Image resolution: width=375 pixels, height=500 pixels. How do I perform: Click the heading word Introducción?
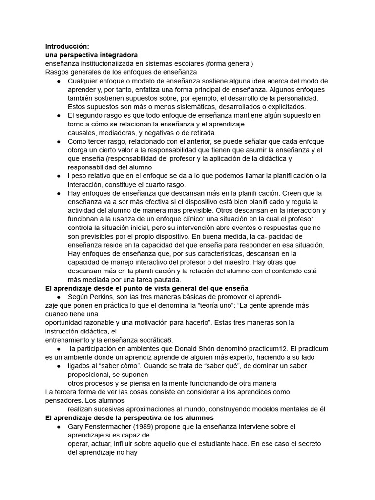coord(67,46)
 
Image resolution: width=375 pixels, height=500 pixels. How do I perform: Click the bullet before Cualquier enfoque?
coord(59,81)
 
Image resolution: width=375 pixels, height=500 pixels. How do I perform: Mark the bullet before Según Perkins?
coord(59,297)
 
